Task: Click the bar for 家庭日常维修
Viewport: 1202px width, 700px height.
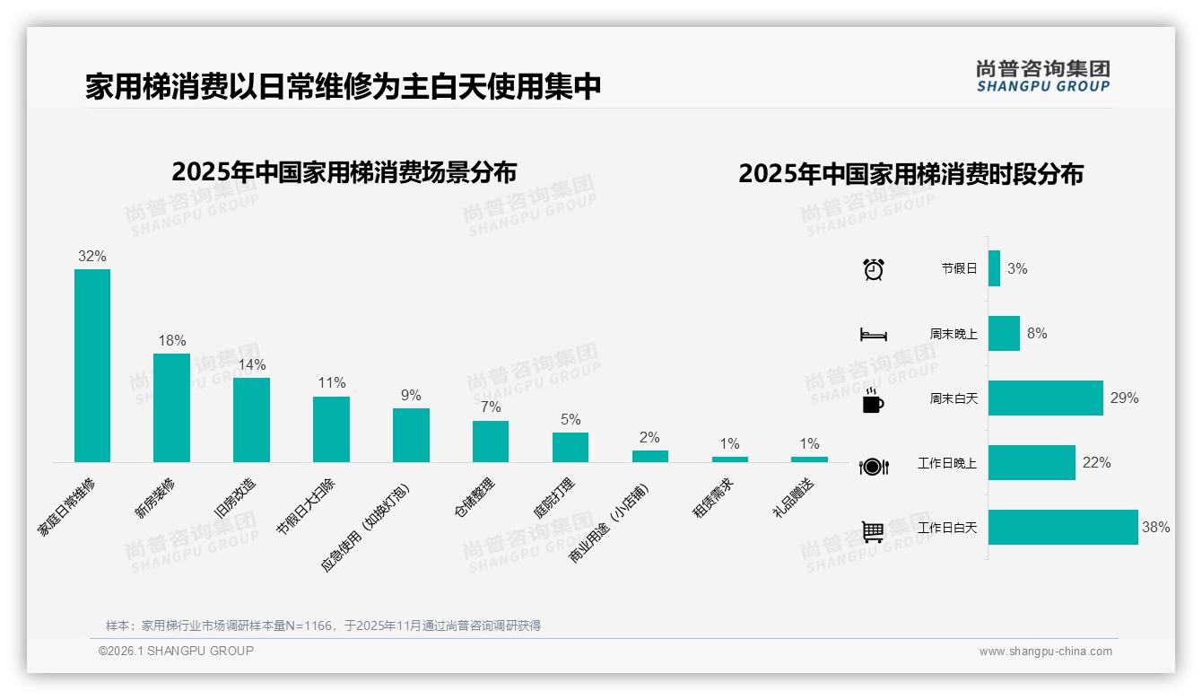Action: click(x=92, y=365)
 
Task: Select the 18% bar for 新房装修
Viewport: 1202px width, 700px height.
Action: click(x=171, y=407)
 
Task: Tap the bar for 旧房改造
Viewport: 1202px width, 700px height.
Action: click(x=251, y=419)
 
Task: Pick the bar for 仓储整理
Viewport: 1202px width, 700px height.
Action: click(x=491, y=441)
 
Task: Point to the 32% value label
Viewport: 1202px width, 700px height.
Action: click(x=92, y=257)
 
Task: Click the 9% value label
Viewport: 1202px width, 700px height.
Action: click(x=411, y=396)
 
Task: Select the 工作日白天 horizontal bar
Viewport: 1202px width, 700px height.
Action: click(x=1063, y=528)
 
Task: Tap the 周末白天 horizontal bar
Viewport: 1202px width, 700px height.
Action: click(x=1046, y=398)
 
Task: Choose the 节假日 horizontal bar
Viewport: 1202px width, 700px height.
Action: click(x=994, y=268)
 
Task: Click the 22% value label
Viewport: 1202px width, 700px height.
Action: click(x=1096, y=463)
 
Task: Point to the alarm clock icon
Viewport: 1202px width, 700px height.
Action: click(x=873, y=269)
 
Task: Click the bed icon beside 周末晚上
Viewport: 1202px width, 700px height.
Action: click(x=873, y=335)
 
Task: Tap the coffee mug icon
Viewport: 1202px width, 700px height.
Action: click(x=873, y=400)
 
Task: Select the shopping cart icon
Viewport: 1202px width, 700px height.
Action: click(x=873, y=531)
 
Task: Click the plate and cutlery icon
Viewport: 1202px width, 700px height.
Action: click(x=873, y=466)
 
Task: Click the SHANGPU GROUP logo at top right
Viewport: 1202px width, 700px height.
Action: click(x=1043, y=76)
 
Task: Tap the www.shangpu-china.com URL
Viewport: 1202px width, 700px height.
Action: click(x=1045, y=652)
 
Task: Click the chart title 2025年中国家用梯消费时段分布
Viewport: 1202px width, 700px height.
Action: click(x=910, y=173)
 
